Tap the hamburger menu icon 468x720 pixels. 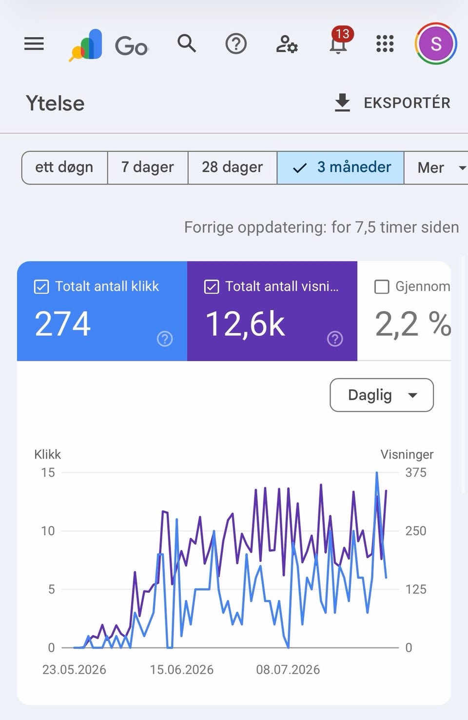coord(34,43)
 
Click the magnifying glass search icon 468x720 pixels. coord(187,43)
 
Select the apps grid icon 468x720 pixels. coord(385,43)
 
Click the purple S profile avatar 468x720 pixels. coord(436,43)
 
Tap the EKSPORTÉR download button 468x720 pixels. coord(392,103)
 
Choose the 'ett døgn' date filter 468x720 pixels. coord(64,167)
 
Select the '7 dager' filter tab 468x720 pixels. coord(148,167)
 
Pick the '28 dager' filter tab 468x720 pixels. coord(233,167)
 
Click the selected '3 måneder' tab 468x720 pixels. coord(341,167)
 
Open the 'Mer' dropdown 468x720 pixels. coord(436,167)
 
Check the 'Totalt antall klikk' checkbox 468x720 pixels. coord(41,287)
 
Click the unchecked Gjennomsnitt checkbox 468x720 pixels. coord(382,287)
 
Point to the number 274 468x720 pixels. coord(62,324)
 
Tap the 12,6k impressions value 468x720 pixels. coord(245,325)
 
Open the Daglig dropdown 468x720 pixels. coord(382,395)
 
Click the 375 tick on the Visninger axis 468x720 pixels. coord(416,473)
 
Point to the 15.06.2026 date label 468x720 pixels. coord(182,670)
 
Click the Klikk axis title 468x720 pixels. coord(48,455)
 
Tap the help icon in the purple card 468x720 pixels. coord(335,339)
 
